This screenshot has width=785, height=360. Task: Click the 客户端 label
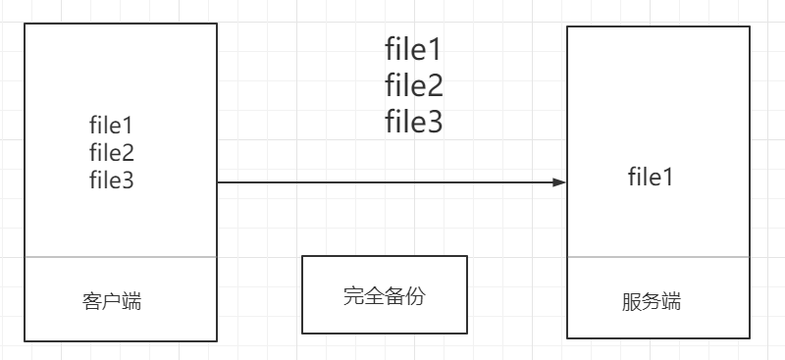(x=112, y=301)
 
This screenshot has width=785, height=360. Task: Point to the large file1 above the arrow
(x=413, y=50)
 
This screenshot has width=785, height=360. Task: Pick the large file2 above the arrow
(x=413, y=86)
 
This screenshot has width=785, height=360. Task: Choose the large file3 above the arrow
(x=413, y=122)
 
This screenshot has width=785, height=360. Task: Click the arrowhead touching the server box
(x=560, y=182)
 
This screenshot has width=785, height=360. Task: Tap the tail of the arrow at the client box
(x=220, y=182)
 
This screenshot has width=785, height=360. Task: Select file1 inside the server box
(x=651, y=178)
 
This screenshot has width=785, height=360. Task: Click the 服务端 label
(x=651, y=302)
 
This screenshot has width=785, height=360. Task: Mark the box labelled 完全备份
(x=384, y=294)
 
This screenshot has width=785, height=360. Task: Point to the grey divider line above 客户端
(x=120, y=258)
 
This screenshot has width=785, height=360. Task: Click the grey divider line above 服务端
(x=658, y=258)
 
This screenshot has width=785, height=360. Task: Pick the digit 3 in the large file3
(x=434, y=123)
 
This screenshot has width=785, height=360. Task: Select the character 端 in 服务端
(x=670, y=302)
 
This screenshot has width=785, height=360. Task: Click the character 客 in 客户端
(x=92, y=301)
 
